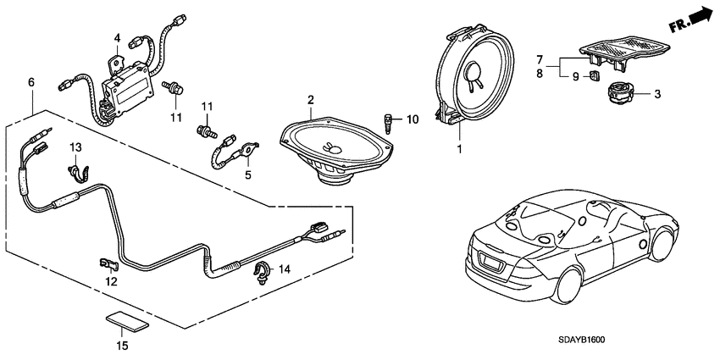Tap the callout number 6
pyautogui.click(x=31, y=82)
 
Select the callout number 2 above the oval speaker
pyautogui.click(x=311, y=101)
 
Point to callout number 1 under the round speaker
pyautogui.click(x=458, y=150)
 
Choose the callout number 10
pyautogui.click(x=413, y=119)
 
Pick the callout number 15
pyautogui.click(x=123, y=346)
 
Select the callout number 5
pyautogui.click(x=248, y=175)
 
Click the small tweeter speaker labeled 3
pyautogui.click(x=625, y=91)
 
